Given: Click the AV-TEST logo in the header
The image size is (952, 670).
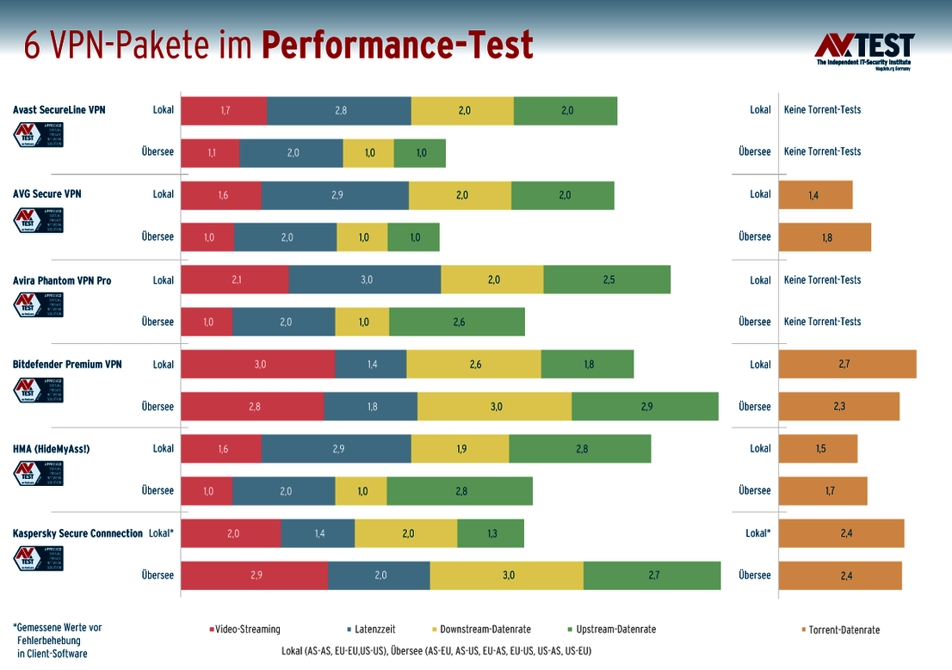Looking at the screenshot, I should tap(863, 50).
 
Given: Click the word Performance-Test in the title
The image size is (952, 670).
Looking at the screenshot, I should tap(398, 46).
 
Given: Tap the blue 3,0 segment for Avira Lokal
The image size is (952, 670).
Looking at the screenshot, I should tap(365, 280).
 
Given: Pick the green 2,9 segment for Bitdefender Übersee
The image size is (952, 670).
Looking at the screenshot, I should tap(645, 407).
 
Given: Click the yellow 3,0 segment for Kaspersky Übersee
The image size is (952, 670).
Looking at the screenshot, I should tap(507, 575).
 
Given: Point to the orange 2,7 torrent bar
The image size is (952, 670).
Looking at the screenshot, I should tap(847, 365).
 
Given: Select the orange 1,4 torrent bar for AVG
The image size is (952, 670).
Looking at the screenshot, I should tap(815, 195).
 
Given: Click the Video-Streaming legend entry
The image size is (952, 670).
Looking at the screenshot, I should tap(244, 630).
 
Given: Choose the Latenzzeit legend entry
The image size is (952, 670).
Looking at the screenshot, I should tap(374, 630).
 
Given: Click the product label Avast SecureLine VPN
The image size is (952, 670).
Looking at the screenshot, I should tap(59, 110).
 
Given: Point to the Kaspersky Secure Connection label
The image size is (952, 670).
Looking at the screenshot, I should tap(77, 533).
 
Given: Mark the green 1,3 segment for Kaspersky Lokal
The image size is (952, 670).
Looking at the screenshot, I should tap(491, 533).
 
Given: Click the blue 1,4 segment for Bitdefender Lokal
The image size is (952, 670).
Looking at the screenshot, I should tap(371, 365).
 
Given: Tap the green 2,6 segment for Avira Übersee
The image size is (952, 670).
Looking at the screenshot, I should tap(456, 322).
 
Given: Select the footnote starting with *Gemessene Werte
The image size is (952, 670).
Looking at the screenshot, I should tap(58, 641).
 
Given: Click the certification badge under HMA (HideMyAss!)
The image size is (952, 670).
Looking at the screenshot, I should tap(39, 473).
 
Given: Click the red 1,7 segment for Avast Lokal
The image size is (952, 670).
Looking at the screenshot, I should tap(224, 110).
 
